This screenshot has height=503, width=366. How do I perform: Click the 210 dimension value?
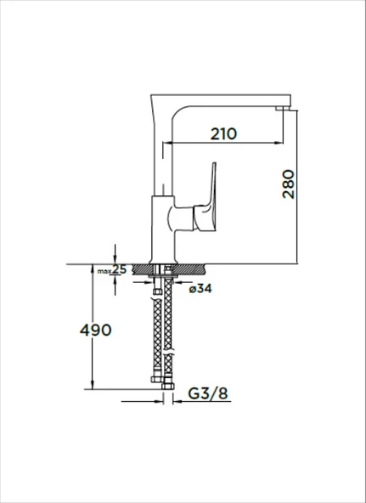[x=223, y=133]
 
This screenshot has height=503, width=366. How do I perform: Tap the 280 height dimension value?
[x=289, y=184]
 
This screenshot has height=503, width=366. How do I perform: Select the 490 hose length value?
[x=95, y=330]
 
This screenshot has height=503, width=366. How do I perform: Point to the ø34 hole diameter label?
[x=200, y=289]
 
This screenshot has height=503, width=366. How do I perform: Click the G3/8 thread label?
[x=208, y=393]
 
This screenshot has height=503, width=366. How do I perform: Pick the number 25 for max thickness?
[x=119, y=269]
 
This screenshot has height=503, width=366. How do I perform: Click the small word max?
[x=104, y=271]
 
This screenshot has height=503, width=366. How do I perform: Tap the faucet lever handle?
[x=206, y=201]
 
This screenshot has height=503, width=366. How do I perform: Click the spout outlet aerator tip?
[x=282, y=109]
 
